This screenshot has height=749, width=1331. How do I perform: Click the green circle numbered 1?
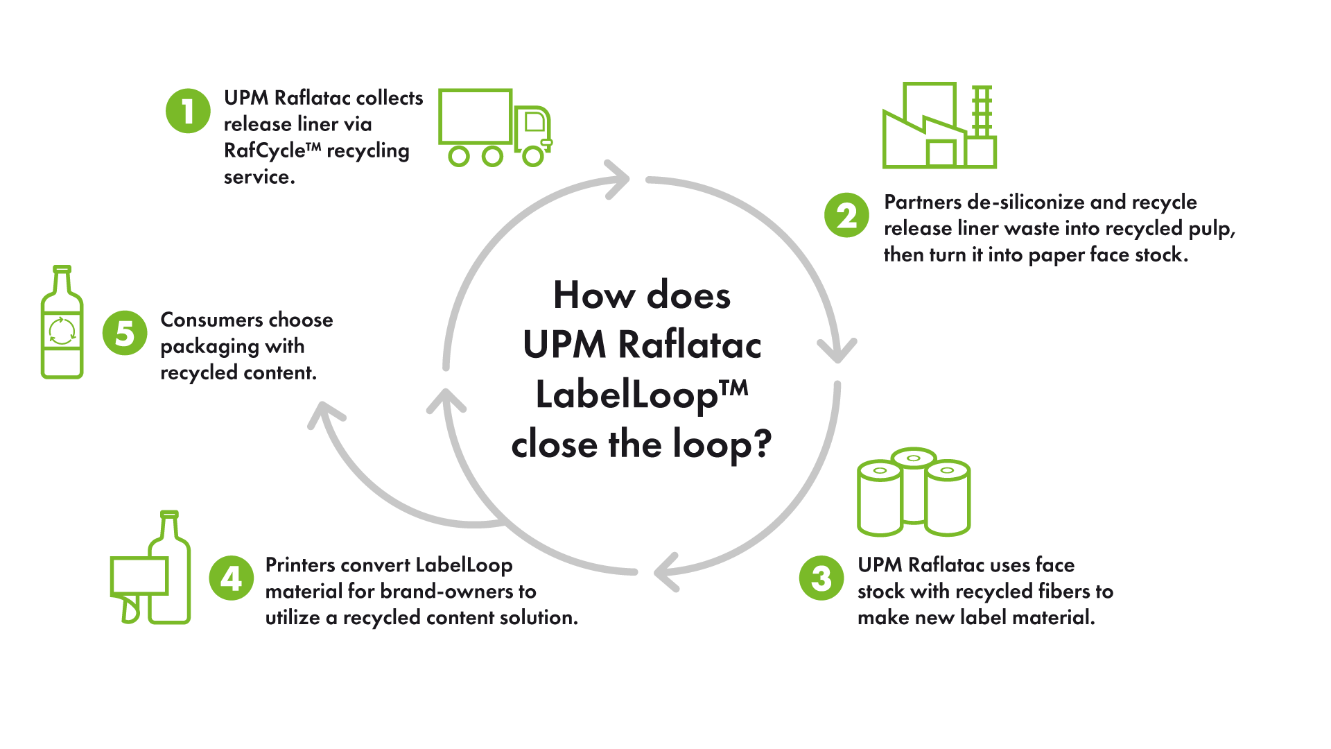[x=188, y=111]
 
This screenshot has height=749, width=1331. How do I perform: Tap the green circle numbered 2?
[x=846, y=216]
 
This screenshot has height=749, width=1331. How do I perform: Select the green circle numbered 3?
[x=821, y=578]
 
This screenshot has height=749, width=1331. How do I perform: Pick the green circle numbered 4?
[x=232, y=578]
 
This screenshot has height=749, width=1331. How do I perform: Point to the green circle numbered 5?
[x=125, y=333]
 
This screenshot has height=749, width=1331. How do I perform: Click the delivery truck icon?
[x=494, y=128]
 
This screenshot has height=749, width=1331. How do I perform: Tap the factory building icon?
[x=939, y=126]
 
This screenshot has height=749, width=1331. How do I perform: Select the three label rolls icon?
[x=914, y=492]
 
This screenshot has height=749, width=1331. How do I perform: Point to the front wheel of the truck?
[x=532, y=156]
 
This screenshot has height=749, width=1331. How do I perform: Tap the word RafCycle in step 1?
[x=264, y=150]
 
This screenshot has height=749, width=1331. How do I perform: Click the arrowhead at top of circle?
[x=618, y=179]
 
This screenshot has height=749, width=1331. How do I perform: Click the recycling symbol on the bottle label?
[x=62, y=332]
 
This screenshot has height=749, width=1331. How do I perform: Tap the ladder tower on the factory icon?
[x=982, y=111]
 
